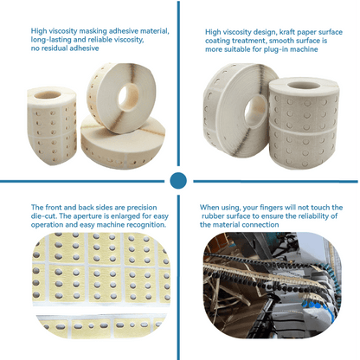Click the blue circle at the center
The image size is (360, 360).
pyautogui.click(x=178, y=180)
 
